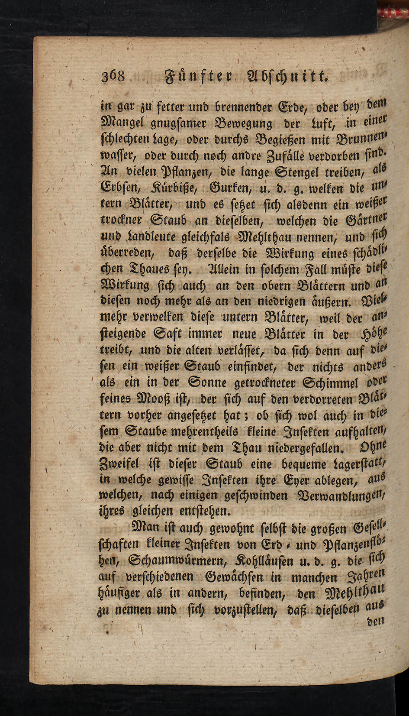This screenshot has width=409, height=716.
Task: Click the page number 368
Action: point(113,77)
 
